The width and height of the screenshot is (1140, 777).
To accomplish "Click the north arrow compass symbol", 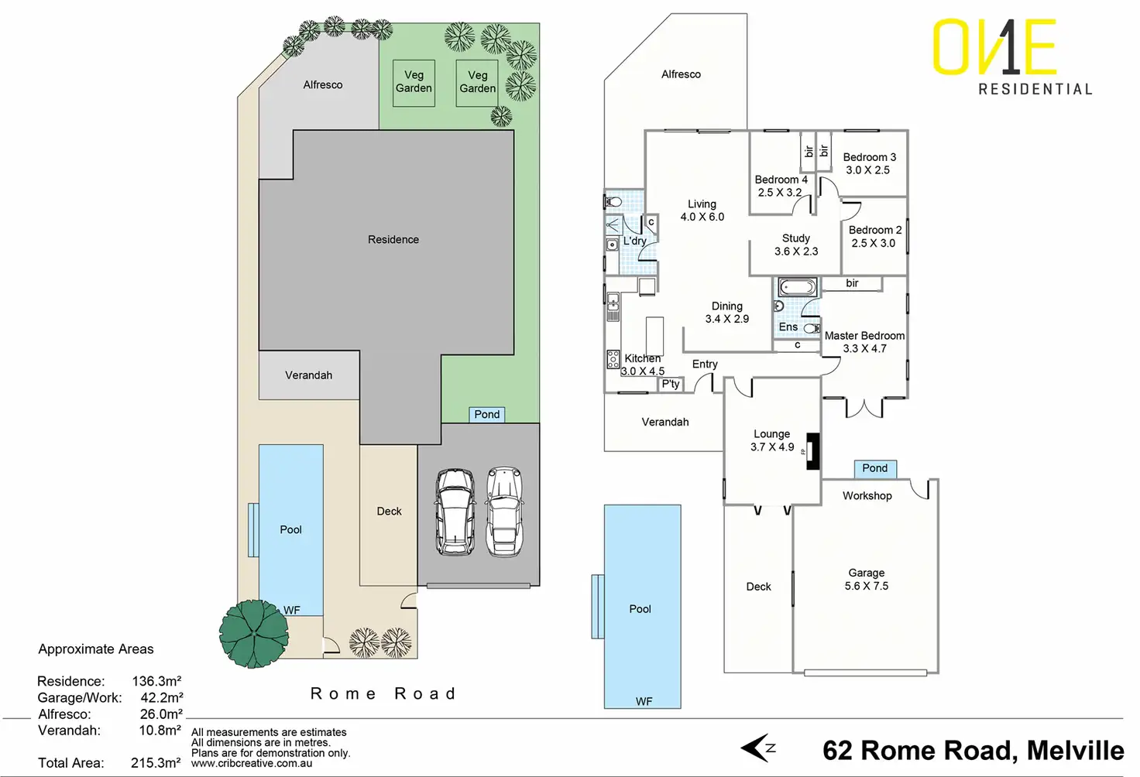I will (x=757, y=748).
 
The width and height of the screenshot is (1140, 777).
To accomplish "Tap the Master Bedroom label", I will (x=864, y=336).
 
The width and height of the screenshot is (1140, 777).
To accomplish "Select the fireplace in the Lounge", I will (x=812, y=451).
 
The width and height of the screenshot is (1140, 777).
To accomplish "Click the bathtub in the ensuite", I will (x=797, y=289).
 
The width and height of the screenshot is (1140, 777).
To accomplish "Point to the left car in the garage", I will (x=455, y=512).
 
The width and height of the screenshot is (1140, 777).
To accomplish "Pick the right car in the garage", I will (x=504, y=512).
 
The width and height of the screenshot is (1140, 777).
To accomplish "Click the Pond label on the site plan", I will (x=487, y=415).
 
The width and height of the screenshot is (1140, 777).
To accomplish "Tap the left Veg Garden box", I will (x=414, y=83).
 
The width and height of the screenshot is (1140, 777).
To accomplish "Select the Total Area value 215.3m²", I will (x=156, y=763).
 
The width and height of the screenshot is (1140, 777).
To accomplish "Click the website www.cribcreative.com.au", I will (x=252, y=763).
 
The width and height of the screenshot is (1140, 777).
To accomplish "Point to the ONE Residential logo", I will (x=1013, y=57).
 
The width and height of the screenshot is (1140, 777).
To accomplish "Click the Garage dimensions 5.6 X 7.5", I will (x=866, y=586).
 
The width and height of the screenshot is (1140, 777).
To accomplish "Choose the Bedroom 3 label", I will (x=869, y=157).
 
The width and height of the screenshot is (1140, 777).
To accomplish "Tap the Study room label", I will (x=796, y=238).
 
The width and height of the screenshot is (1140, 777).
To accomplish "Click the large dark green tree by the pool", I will (x=253, y=634).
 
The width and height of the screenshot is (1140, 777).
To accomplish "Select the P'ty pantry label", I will (x=671, y=384).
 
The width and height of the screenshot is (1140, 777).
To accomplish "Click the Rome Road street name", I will (x=383, y=693).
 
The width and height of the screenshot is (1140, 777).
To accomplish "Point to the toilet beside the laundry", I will (x=613, y=202).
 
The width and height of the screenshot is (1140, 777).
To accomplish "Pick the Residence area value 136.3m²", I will (x=156, y=682).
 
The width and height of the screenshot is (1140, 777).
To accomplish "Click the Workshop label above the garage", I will (x=867, y=496).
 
